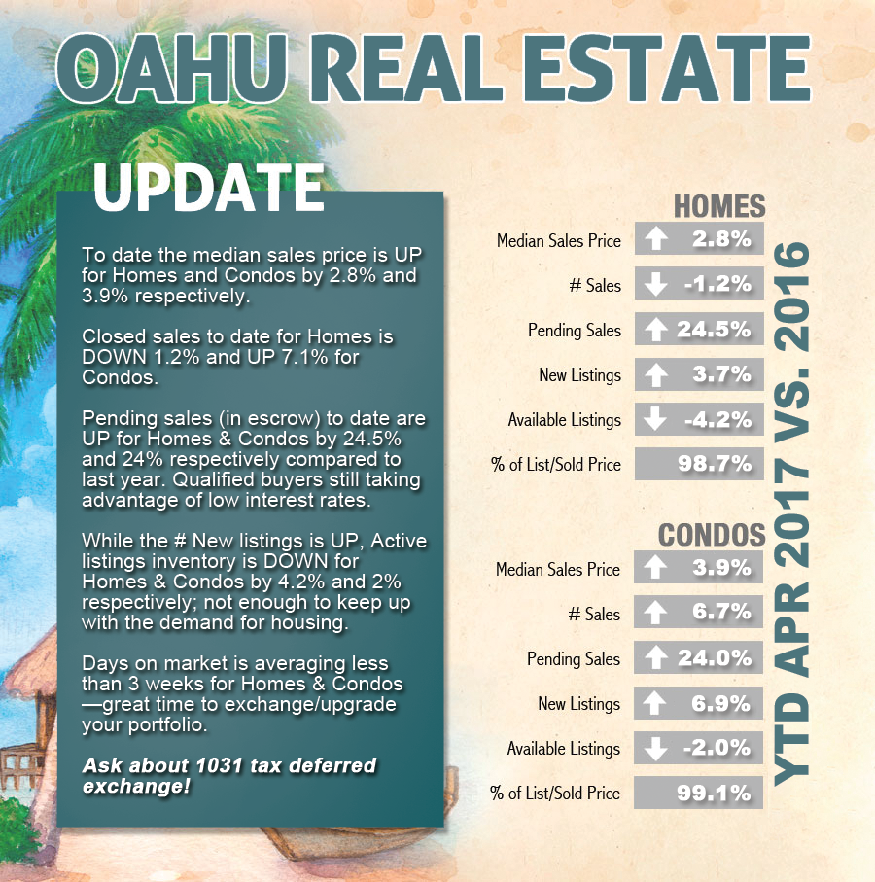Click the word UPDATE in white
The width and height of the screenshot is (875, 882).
pos(208,188)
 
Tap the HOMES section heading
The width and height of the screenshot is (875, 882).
pos(719,206)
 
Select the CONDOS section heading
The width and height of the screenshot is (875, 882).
pos(712,535)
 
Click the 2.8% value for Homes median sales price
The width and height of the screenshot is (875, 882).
pos(721,239)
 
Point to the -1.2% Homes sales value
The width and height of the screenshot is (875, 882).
pos(717,284)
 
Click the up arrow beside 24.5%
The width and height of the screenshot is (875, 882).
pos(655,329)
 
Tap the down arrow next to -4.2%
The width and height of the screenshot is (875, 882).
pos(655,419)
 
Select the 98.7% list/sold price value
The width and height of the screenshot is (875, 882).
pos(715,464)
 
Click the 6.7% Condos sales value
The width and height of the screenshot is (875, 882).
pos(721,612)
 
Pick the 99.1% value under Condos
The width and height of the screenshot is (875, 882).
pos(714,794)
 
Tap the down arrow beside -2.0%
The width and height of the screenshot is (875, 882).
pos(655,748)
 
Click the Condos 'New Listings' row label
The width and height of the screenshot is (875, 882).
pos(578,704)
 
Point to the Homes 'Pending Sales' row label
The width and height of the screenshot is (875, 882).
pos(575,331)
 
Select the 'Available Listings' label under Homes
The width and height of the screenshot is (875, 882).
pos(565,420)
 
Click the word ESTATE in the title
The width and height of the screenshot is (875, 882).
pos(668,69)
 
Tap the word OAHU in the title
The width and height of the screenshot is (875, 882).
pos(171,69)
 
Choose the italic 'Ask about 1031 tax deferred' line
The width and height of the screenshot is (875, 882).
pos(229,765)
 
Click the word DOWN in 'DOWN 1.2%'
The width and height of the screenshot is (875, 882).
pos(113,357)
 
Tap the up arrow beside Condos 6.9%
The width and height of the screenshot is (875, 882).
pos(655,703)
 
